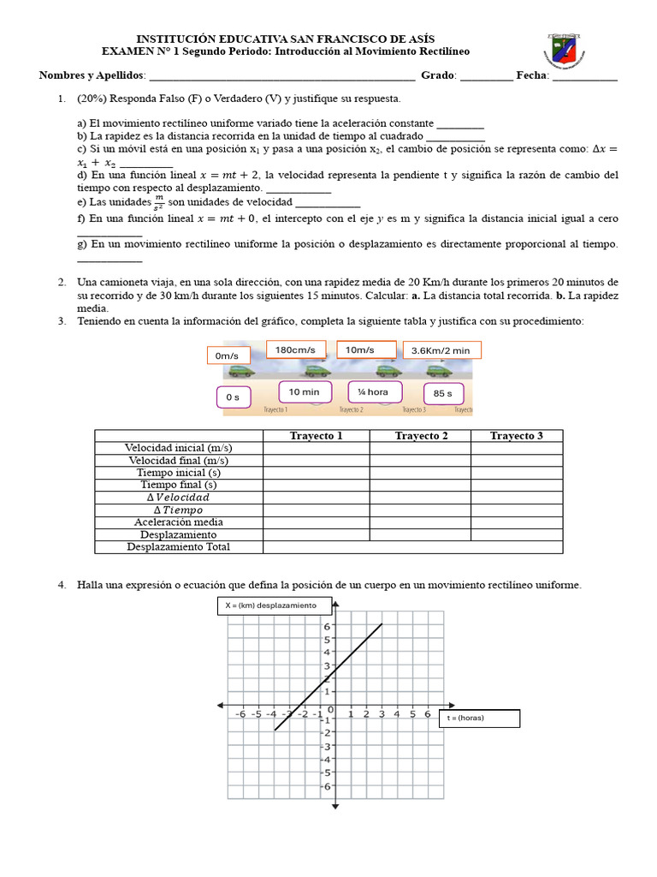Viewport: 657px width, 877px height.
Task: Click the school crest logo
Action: (565, 53)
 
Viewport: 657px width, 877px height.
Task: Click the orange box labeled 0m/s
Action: (227, 355)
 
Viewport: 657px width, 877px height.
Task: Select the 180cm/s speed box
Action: (295, 349)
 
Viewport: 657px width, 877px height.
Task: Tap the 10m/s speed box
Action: (366, 349)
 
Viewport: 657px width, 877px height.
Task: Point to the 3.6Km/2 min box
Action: (441, 350)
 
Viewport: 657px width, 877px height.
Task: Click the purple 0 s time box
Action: (233, 397)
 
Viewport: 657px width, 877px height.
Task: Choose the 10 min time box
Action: (304, 391)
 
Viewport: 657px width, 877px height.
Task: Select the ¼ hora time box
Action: (374, 391)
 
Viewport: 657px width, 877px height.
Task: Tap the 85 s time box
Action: (443, 394)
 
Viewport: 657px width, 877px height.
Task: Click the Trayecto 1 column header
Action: (316, 436)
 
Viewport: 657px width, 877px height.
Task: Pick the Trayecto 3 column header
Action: (516, 436)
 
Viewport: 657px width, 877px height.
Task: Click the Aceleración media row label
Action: (178, 522)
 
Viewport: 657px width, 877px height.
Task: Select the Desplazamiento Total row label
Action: (178, 546)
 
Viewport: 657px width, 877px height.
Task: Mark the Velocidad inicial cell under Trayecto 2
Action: (420, 448)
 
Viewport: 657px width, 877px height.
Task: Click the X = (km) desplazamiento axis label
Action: (271, 606)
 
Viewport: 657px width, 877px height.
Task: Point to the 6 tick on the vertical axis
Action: (326, 626)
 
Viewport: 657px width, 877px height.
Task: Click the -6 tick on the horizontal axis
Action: (240, 714)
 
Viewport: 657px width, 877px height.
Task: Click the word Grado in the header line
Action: (438, 75)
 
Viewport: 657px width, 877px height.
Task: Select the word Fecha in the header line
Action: (530, 75)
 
